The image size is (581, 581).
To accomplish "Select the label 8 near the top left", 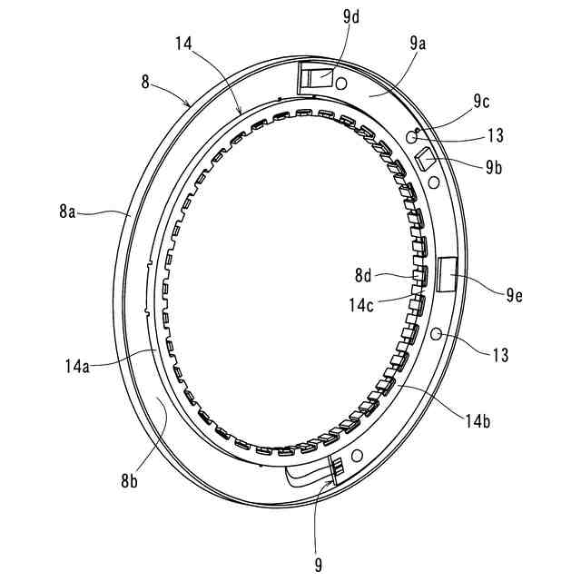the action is (x=145, y=82).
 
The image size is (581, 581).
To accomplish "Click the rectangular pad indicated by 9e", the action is (x=448, y=273).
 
